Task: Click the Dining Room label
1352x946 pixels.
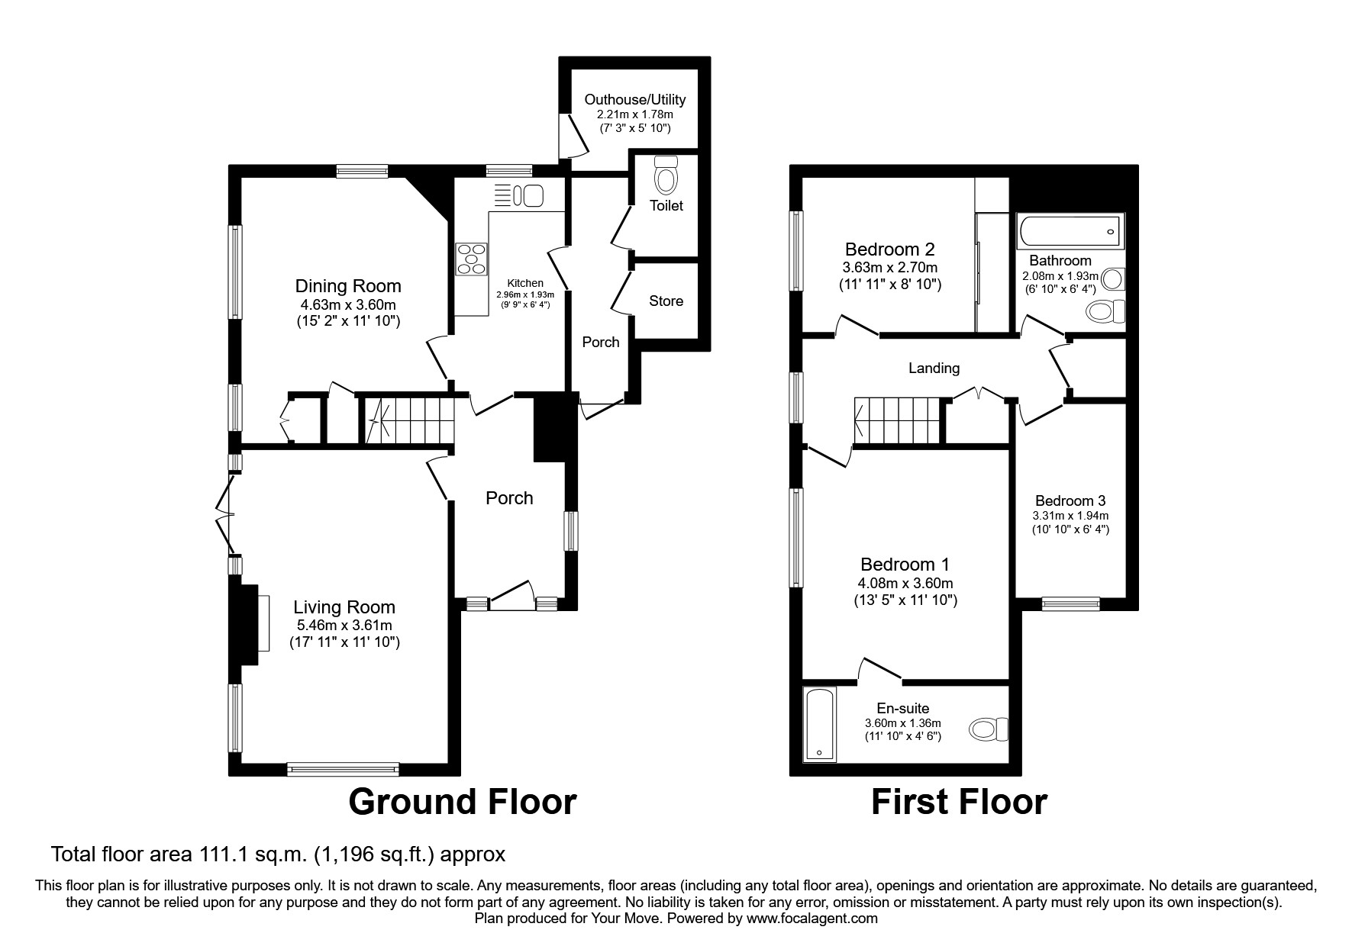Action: click(x=348, y=286)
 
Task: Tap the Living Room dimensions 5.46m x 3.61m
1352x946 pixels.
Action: click(x=344, y=626)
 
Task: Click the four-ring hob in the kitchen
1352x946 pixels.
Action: click(x=471, y=259)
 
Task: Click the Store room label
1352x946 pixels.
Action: click(x=666, y=301)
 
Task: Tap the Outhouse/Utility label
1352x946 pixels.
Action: click(x=634, y=99)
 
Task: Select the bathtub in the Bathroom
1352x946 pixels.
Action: click(x=1071, y=230)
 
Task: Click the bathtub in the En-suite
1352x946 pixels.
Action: click(x=821, y=723)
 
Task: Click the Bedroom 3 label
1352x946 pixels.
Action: click(x=1070, y=501)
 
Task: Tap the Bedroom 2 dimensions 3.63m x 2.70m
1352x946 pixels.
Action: click(x=889, y=268)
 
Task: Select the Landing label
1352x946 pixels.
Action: click(x=934, y=368)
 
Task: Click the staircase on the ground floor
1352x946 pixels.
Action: click(x=408, y=420)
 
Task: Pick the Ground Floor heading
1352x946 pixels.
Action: click(x=462, y=803)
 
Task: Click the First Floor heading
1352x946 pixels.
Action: click(x=959, y=803)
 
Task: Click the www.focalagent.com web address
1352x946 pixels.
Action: click(x=812, y=919)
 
